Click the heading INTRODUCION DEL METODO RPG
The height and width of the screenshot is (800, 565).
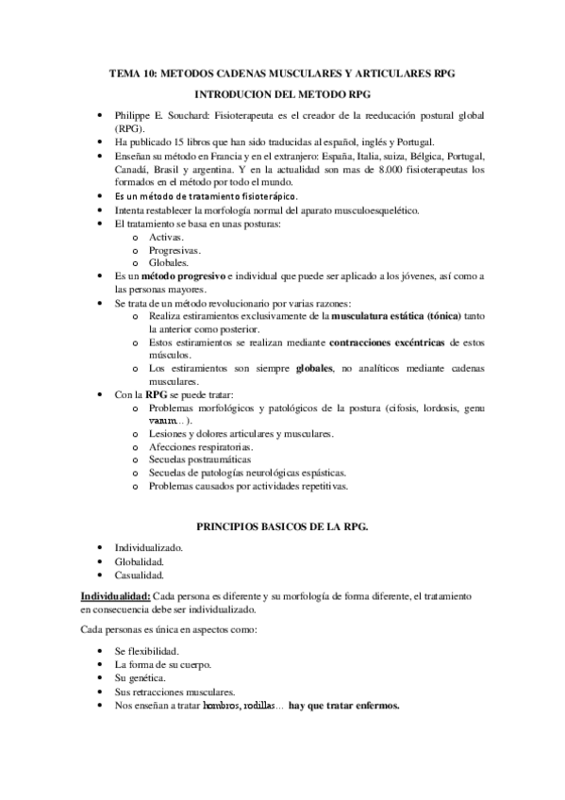point(281,95)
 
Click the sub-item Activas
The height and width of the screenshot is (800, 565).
point(166,238)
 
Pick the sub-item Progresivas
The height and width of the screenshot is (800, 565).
point(174,251)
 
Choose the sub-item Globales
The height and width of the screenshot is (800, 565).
point(169,263)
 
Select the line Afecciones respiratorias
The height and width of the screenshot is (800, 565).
point(201,446)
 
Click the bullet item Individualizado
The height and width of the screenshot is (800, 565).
point(148,547)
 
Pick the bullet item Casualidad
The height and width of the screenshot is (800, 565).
point(140,575)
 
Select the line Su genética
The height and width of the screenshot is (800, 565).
point(140,678)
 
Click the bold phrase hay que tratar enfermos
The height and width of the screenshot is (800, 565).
point(344,705)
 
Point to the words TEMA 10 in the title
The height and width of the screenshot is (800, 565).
point(136,73)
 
